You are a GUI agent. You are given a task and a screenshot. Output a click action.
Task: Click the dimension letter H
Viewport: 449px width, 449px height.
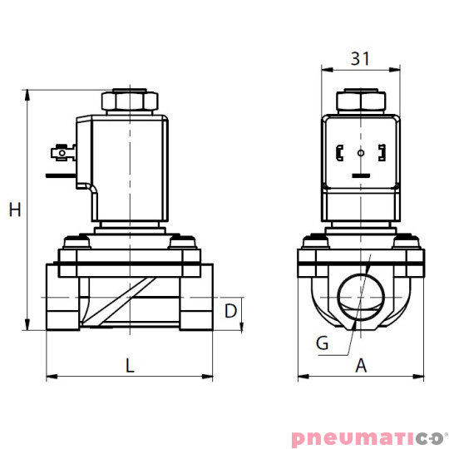[14, 210]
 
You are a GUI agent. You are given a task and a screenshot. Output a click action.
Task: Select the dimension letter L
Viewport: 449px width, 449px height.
[129, 363]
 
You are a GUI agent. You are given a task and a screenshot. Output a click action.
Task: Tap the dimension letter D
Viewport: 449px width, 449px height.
[232, 312]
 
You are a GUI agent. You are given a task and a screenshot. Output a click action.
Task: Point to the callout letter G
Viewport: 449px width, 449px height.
[323, 342]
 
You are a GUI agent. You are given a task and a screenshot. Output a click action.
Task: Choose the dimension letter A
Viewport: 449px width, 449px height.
[361, 364]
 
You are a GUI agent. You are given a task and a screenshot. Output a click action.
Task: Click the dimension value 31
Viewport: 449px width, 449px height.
[360, 58]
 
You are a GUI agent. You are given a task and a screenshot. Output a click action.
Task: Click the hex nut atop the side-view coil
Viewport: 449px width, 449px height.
[130, 101]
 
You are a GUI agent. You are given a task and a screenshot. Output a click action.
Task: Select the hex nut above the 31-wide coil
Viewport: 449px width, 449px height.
[360, 101]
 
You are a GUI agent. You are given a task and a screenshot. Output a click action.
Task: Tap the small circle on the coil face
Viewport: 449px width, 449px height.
[360, 153]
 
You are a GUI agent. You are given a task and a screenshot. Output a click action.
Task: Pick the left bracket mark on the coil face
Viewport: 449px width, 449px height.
[339, 153]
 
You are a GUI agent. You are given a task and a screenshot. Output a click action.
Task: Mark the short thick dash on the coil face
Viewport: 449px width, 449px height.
[360, 176]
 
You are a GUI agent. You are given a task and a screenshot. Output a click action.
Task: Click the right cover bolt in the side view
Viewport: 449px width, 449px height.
[184, 243]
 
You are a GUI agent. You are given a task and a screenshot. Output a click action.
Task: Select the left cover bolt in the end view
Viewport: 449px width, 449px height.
[316, 243]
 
